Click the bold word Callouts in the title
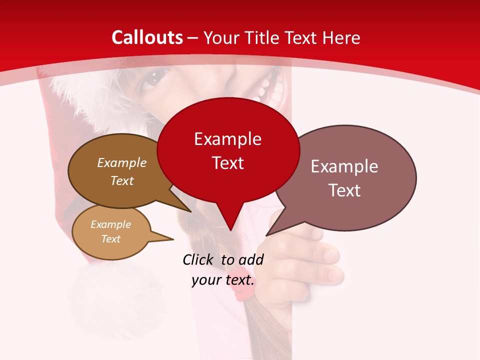[x=147, y=37]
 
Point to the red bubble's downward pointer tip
[x=230, y=230]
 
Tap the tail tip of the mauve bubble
[x=266, y=235]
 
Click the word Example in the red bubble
[x=227, y=139]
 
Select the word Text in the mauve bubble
[x=345, y=190]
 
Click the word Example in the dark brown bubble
[x=121, y=163]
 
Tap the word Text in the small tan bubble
[x=110, y=239]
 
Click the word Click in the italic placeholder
[x=199, y=259]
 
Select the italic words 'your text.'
[x=223, y=280]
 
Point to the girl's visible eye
[x=152, y=79]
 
